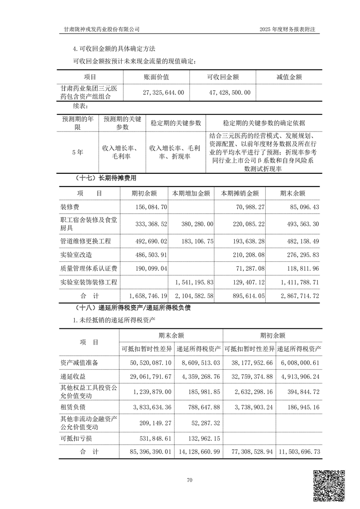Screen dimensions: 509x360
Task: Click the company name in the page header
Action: [x=102, y=29]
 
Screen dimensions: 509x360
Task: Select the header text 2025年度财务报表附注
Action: [x=287, y=29]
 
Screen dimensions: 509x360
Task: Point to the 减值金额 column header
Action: [x=289, y=77]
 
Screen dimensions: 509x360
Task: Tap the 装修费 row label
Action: [x=70, y=207]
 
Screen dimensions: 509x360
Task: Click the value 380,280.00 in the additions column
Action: [x=197, y=224]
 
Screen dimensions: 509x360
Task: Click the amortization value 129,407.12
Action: [x=245, y=282]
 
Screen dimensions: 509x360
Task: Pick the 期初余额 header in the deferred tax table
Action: [x=272, y=336]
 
